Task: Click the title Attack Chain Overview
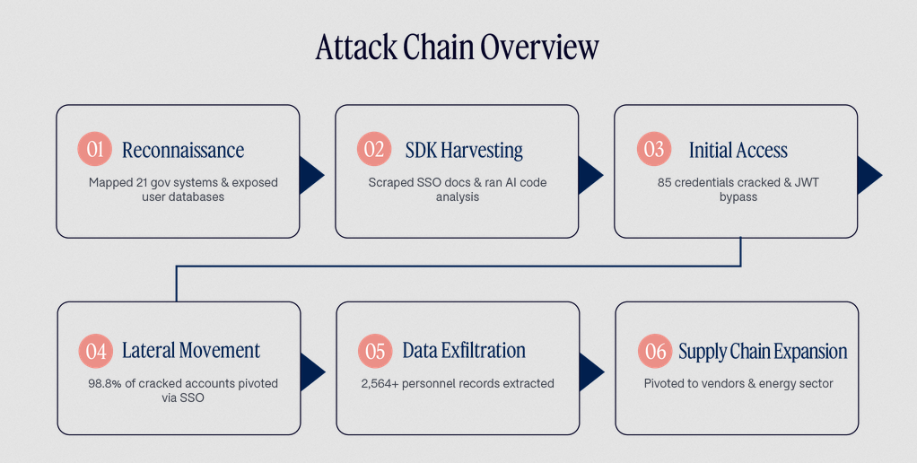click(458, 47)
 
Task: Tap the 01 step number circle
click(95, 149)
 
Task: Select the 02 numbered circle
click(374, 149)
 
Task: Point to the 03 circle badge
click(654, 149)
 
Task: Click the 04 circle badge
click(96, 351)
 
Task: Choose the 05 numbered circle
click(375, 351)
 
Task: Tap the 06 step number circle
click(655, 351)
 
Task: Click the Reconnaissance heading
click(183, 150)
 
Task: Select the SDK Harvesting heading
click(465, 150)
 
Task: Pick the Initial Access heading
click(738, 150)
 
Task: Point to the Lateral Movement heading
click(191, 351)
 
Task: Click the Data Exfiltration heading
click(464, 351)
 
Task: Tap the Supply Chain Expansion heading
click(764, 352)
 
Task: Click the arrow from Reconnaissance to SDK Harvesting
click(310, 175)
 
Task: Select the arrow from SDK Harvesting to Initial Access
click(589, 175)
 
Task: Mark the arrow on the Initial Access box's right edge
click(869, 175)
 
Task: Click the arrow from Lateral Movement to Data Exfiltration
click(311, 371)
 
